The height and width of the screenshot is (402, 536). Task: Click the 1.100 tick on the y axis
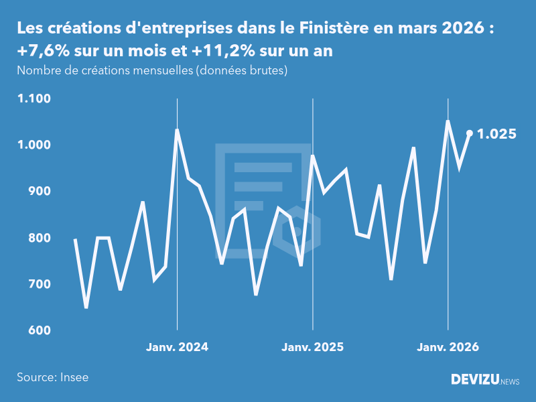click(34, 98)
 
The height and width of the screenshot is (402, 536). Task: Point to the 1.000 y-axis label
click(34, 145)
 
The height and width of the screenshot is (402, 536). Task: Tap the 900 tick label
click(39, 192)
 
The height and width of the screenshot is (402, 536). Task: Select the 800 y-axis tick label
click(39, 238)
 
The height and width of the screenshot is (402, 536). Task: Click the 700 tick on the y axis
click(39, 284)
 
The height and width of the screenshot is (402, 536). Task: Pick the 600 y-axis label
click(39, 330)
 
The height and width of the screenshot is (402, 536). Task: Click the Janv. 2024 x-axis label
click(178, 347)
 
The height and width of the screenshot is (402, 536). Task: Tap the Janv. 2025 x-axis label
click(313, 347)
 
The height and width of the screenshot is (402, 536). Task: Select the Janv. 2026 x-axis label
click(448, 347)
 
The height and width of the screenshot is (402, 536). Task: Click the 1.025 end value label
click(496, 134)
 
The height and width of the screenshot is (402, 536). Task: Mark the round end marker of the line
click(470, 133)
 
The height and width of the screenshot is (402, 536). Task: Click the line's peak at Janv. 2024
click(177, 130)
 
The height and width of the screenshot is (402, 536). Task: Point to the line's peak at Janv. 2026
click(448, 121)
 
